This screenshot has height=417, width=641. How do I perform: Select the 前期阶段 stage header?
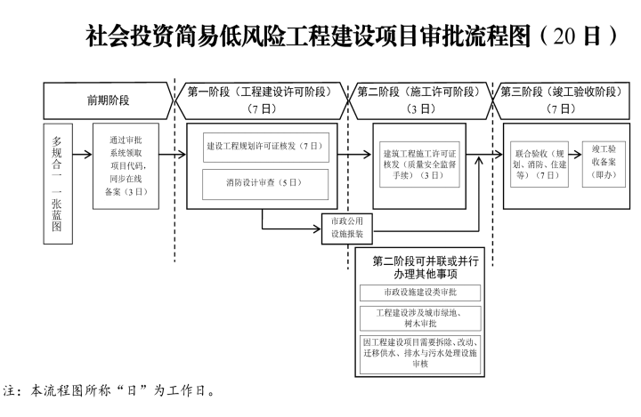point(106,100)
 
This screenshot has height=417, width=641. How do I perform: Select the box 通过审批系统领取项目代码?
point(126,165)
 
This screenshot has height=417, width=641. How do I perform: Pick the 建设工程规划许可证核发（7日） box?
point(265,146)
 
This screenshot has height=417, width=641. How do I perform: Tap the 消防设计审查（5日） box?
point(265,183)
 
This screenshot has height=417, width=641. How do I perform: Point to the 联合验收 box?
point(537,164)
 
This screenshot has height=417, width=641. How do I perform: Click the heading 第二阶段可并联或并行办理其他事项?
point(418,268)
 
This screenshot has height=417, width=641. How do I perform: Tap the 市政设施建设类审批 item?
point(418,293)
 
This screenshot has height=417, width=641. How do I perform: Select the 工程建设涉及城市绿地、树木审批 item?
point(418,318)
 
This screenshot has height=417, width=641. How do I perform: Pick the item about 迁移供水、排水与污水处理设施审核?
point(418,351)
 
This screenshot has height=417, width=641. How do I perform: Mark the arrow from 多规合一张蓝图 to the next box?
point(82,156)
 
